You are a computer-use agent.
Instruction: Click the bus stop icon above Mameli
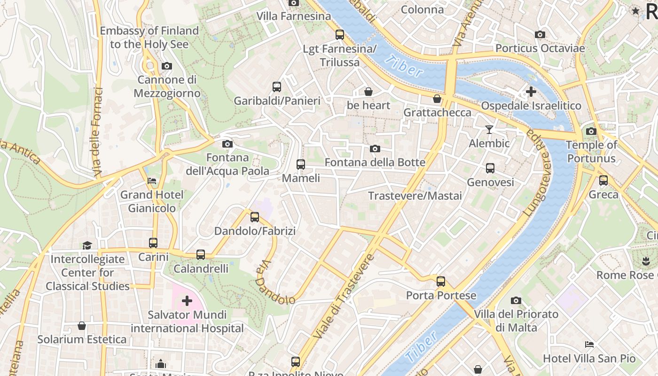pos(301,164)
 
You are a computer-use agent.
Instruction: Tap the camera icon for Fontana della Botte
pos(375,149)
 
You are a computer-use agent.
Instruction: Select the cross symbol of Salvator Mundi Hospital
pos(187,300)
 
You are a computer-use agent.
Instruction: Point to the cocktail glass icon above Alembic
pos(489,129)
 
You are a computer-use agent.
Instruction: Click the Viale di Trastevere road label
pos(345,297)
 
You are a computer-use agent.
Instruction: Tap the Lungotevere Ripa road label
pos(536,172)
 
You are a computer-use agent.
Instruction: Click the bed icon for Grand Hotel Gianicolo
pos(152,181)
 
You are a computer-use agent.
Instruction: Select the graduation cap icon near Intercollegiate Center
pos(87,245)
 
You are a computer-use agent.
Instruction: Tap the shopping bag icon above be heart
pos(368,92)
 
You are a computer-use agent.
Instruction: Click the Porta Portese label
pos(441,296)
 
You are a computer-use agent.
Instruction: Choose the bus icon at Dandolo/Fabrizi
pos(255,217)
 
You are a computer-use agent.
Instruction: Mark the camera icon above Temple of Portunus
pos(591,132)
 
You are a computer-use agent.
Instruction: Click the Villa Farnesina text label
pos(294,16)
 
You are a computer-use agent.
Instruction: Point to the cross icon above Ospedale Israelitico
pos(531,92)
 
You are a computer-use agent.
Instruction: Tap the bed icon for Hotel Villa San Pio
pos(589,345)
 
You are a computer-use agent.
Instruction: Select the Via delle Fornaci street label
pos(97,133)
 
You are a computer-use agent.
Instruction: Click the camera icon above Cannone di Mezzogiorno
pos(166,66)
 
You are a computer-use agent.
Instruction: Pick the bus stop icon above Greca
pos(603,180)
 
